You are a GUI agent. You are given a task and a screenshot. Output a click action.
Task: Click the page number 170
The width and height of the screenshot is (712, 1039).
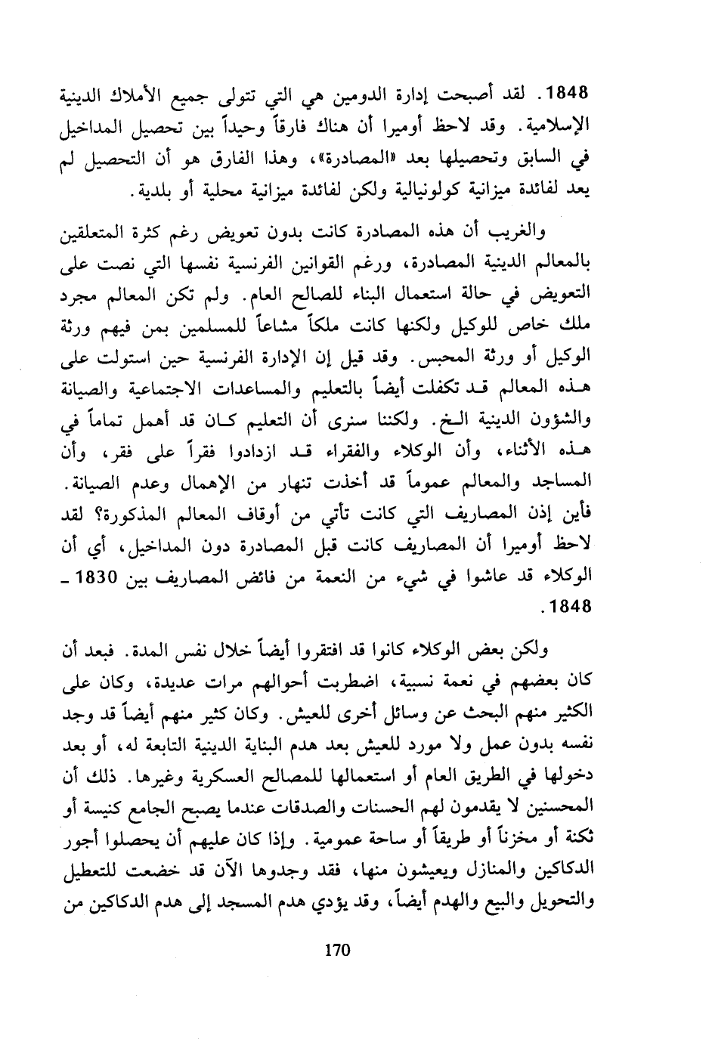(x=333, y=951)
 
